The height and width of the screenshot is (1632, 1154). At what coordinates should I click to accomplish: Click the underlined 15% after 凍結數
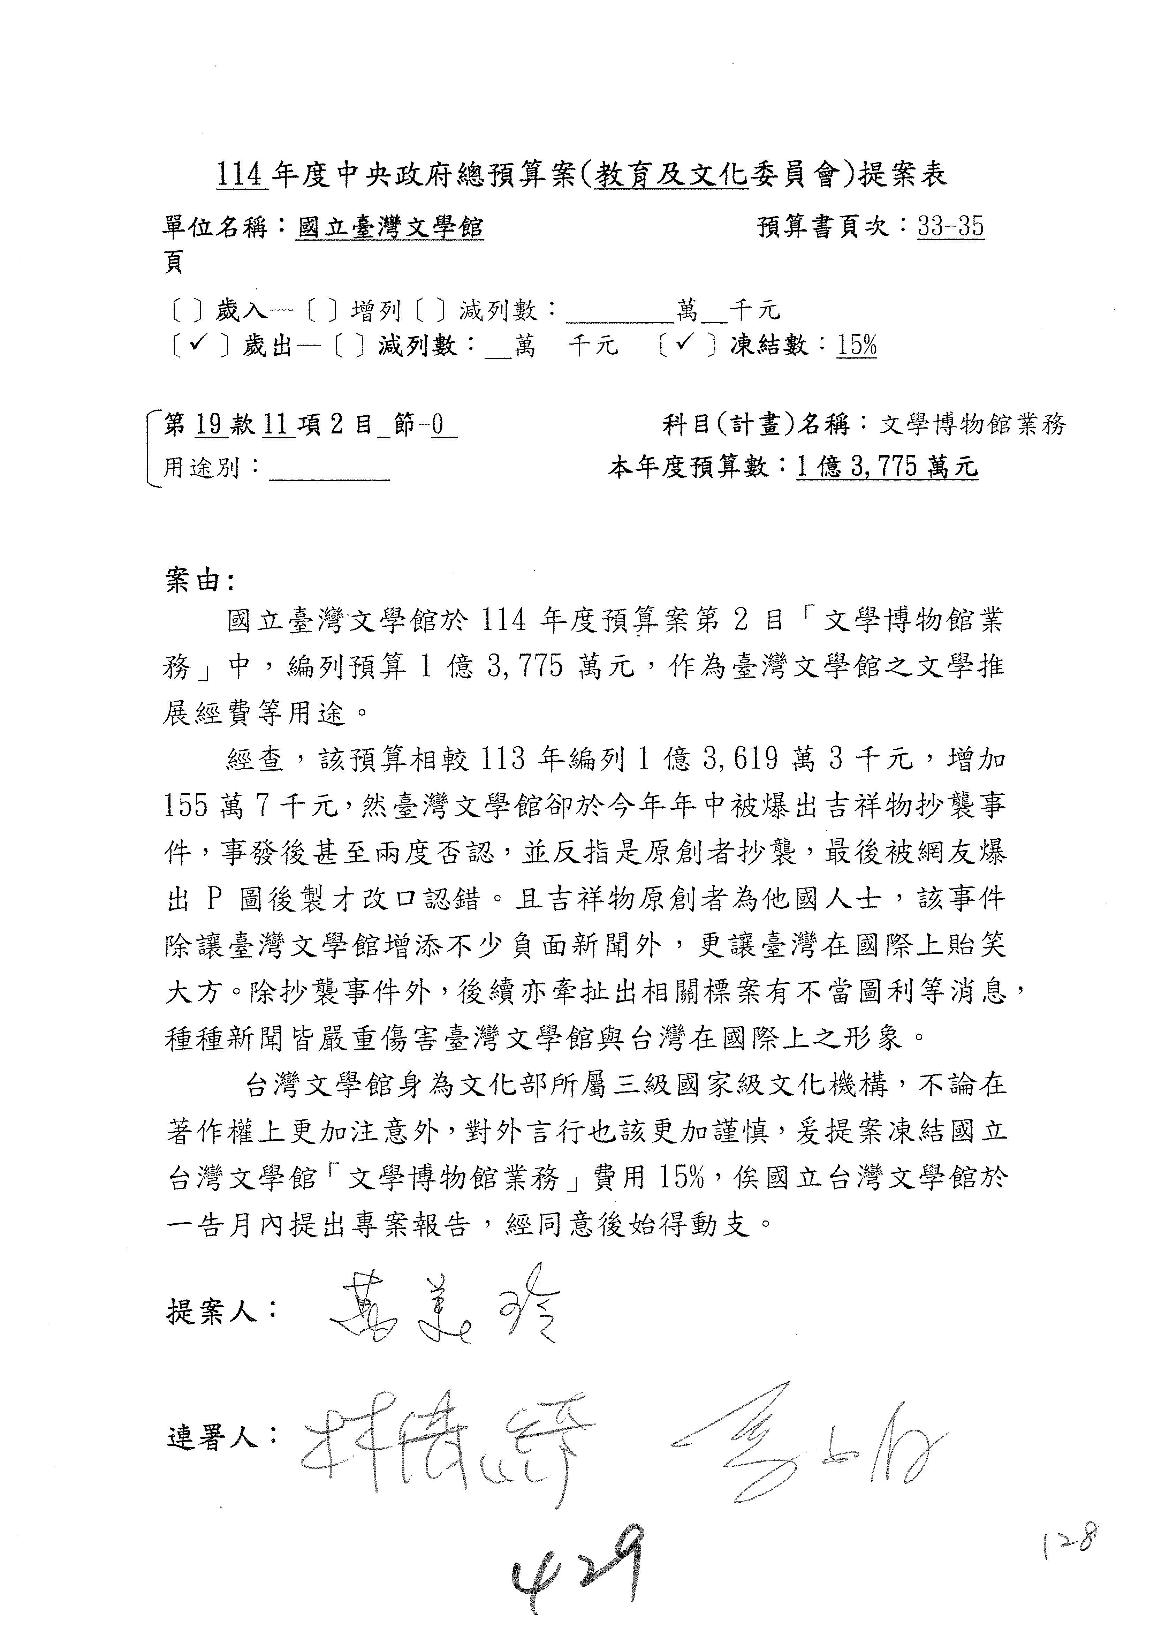click(856, 346)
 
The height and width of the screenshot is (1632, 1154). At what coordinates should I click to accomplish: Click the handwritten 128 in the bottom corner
click(1071, 1542)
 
